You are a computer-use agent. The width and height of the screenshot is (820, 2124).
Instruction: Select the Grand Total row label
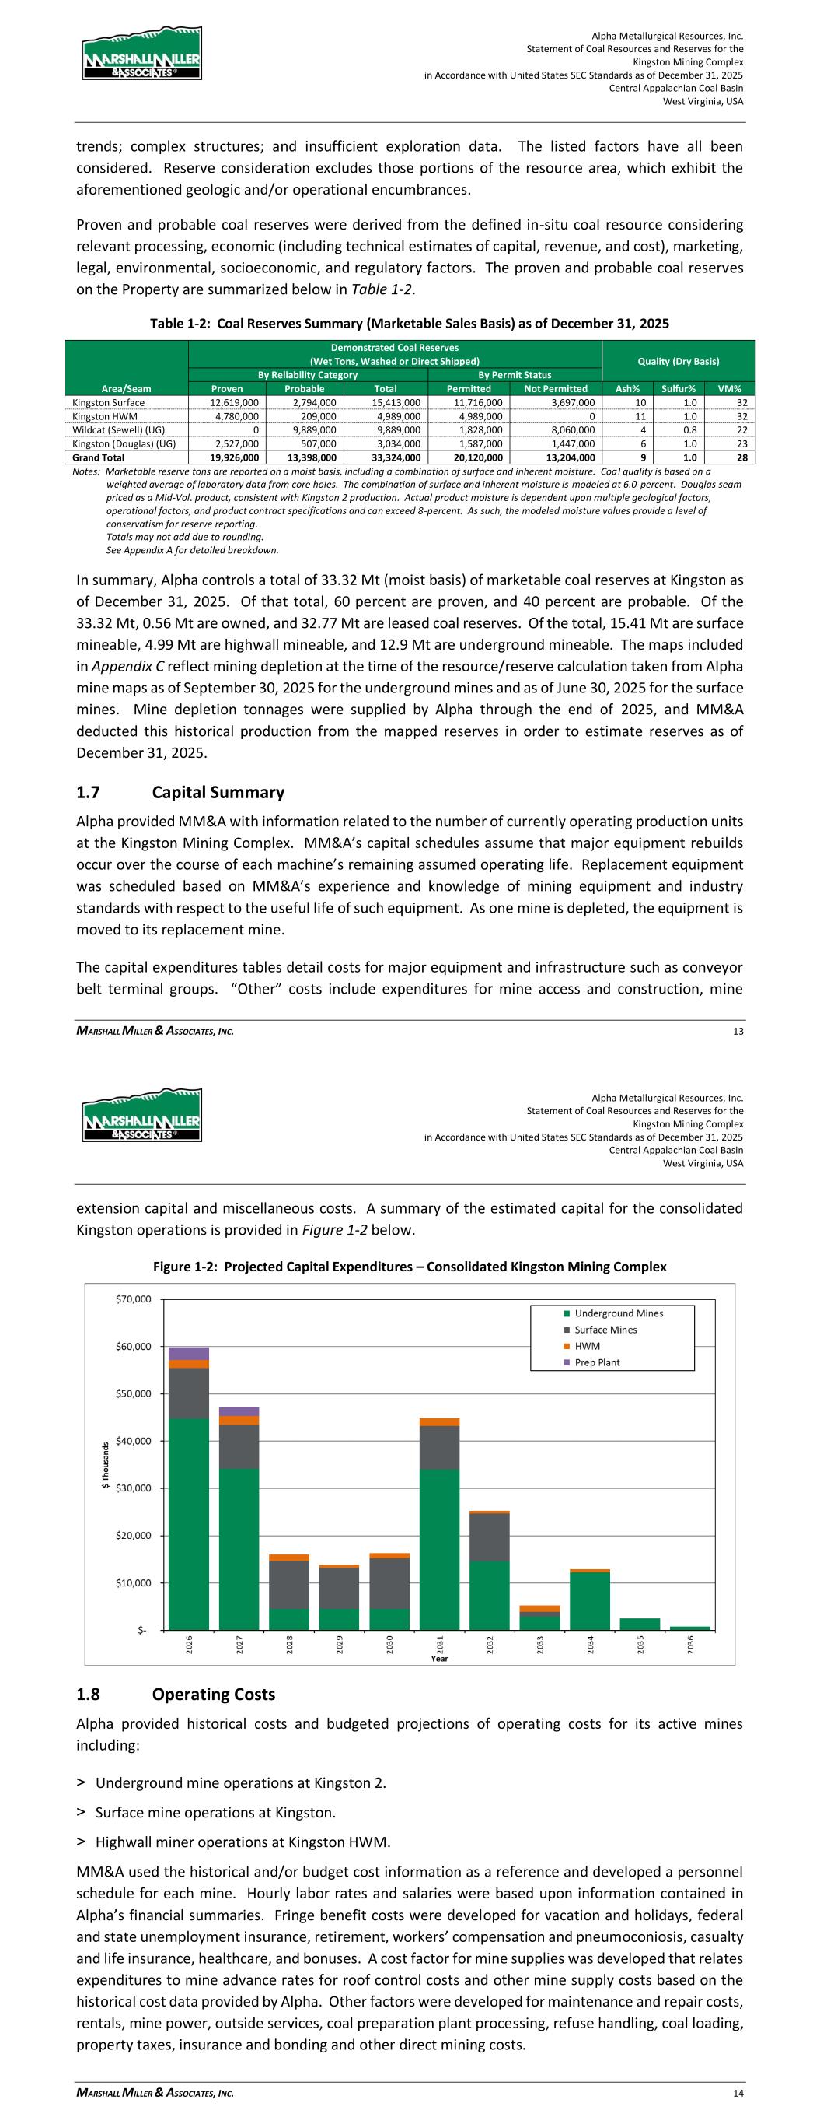click(99, 457)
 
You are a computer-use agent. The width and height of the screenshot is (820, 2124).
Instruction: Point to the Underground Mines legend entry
click(618, 1313)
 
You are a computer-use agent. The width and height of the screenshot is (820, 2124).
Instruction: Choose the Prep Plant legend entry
click(597, 1362)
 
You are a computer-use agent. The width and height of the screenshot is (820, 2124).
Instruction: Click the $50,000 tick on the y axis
click(133, 1393)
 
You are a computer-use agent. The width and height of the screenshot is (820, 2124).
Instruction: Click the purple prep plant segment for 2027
click(239, 1411)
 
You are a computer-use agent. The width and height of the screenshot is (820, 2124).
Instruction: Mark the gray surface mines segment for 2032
click(490, 1537)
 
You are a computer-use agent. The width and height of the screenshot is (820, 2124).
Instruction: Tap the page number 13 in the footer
click(738, 1031)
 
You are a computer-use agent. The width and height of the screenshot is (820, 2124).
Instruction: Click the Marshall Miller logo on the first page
click(141, 53)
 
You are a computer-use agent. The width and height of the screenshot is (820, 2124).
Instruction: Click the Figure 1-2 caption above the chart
click(410, 1267)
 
